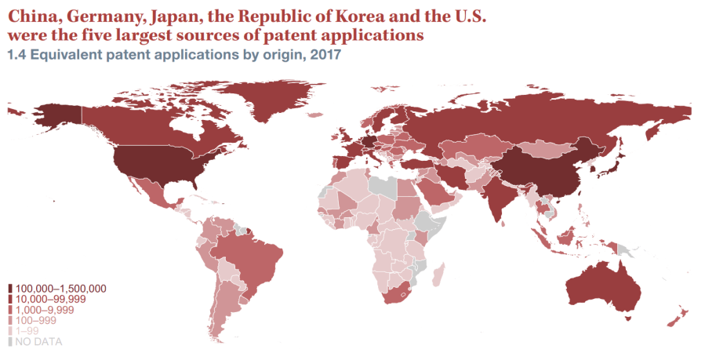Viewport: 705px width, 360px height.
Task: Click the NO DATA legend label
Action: pyautogui.click(x=38, y=342)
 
